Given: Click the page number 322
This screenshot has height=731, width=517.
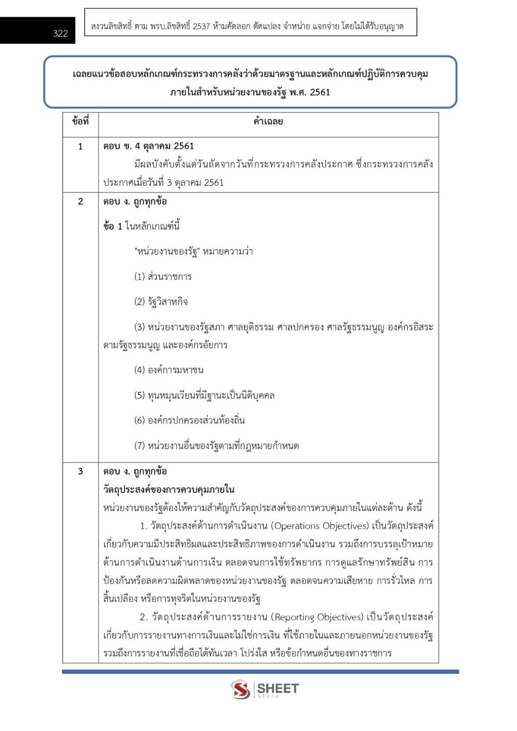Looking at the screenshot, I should (61, 33).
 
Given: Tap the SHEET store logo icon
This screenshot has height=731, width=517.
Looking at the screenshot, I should (240, 689).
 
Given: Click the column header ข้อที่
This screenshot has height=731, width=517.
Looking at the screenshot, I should (80, 122).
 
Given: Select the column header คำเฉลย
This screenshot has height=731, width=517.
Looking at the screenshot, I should (268, 122).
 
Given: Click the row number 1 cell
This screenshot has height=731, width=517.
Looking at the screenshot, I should (80, 146).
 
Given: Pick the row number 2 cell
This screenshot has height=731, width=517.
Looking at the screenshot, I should (80, 202).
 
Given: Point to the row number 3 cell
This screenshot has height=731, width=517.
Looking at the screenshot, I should (80, 472).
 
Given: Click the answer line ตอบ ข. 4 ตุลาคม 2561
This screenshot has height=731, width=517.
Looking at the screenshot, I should (148, 146).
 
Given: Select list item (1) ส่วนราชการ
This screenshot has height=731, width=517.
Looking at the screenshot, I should (163, 277).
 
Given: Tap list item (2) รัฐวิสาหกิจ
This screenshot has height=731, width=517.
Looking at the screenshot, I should (161, 302).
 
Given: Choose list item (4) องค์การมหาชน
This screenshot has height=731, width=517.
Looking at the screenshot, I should (169, 370).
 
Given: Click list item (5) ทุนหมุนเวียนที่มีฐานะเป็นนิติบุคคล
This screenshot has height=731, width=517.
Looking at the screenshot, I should (204, 395).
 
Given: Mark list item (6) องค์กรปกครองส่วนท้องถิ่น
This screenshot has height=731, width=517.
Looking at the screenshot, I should (189, 420).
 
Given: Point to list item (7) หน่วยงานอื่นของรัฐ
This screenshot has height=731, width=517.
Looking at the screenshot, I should (216, 446).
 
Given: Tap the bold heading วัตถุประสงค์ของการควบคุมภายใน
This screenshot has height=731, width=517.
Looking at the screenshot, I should (169, 489).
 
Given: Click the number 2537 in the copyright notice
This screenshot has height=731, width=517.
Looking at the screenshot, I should (201, 26).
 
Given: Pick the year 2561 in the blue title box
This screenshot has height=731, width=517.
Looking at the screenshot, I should (320, 92).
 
